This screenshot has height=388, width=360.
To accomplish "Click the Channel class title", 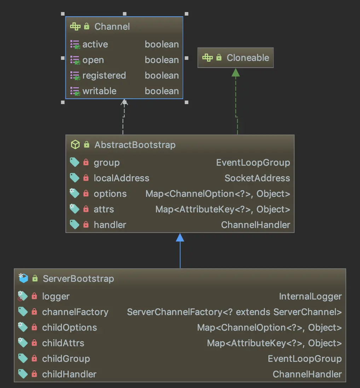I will pyautogui.click(x=112, y=27).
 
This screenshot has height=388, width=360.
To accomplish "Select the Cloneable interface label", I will pyautogui.click(x=248, y=58).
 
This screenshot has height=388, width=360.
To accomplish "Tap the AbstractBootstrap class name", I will pyautogui.click(x=135, y=145).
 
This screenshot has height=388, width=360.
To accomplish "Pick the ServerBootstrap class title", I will pyautogui.click(x=78, y=279).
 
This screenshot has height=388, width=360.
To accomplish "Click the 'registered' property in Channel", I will pyautogui.click(x=104, y=75).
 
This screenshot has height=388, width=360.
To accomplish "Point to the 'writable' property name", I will pyautogui.click(x=99, y=91).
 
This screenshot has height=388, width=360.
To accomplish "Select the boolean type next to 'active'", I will pyautogui.click(x=162, y=44).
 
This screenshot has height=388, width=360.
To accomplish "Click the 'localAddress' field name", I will pyautogui.click(x=121, y=178).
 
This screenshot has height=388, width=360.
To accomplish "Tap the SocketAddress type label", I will pyautogui.click(x=257, y=178).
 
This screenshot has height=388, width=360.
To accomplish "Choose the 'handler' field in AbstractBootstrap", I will pyautogui.click(x=110, y=225).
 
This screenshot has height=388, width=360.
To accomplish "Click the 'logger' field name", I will pyautogui.click(x=56, y=296).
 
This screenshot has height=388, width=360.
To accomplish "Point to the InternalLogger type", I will pyautogui.click(x=310, y=296).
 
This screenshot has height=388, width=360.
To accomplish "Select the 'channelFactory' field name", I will pyautogui.click(x=75, y=312).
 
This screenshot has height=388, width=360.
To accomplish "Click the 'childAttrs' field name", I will pyautogui.click(x=63, y=343).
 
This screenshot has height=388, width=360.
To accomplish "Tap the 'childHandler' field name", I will pyautogui.click(x=69, y=374).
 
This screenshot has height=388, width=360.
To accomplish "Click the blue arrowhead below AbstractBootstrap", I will pyautogui.click(x=180, y=238).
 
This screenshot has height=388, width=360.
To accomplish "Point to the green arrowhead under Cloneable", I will pyautogui.click(x=236, y=72).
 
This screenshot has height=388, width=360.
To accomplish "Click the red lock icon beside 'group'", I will pyautogui.click(x=86, y=162).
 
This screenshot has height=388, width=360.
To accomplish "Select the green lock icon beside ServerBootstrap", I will pyautogui.click(x=35, y=279).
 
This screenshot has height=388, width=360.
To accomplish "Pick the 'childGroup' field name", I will pyautogui.click(x=66, y=359).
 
